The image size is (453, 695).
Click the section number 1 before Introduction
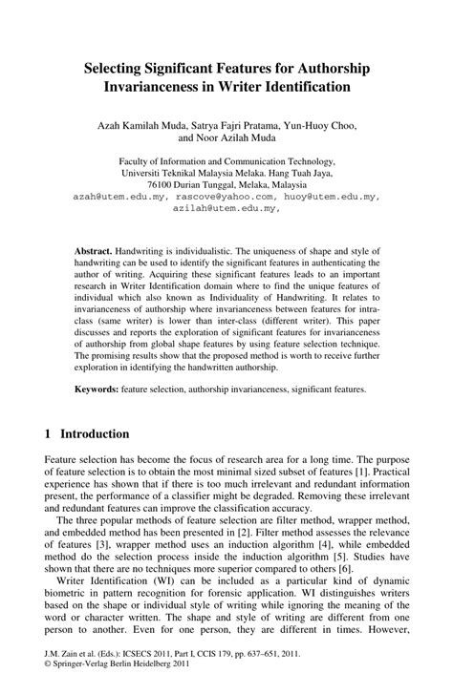[x=49, y=434]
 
